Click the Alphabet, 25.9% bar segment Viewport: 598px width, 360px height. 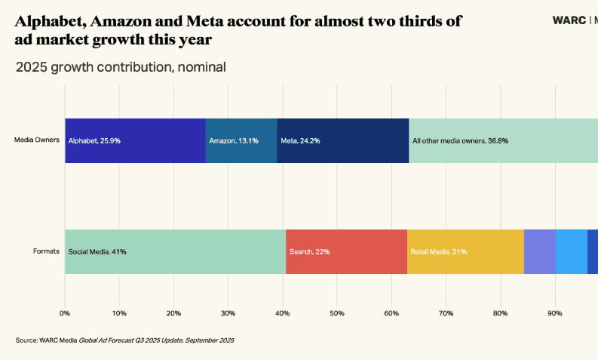[135, 140]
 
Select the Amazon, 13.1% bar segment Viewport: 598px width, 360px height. [241, 140]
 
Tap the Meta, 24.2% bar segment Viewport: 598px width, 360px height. [343, 140]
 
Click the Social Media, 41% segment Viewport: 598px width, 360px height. [175, 251]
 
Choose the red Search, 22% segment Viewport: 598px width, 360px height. [346, 251]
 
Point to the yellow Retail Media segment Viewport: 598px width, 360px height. [465, 251]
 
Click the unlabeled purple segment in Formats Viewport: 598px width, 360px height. [540, 251]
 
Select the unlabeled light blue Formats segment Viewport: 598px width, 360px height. [572, 251]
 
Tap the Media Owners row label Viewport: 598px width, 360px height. [37, 140]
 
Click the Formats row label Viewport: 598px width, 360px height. [46, 251]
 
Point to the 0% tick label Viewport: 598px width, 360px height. [65, 312]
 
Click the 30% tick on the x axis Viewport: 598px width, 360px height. [228, 312]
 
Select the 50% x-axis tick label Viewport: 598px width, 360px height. [337, 312]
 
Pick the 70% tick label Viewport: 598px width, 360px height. [446, 312]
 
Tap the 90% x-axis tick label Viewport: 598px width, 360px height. [555, 312]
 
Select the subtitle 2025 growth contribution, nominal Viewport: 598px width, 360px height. [121, 67]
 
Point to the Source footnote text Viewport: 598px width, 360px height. [124, 340]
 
